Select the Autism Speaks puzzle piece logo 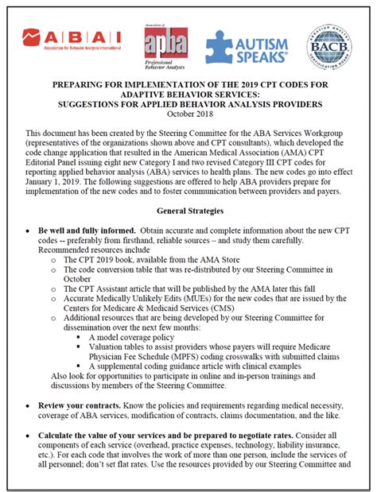coord(247,46)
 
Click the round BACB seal coord(329,45)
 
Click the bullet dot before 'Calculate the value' coord(28,436)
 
